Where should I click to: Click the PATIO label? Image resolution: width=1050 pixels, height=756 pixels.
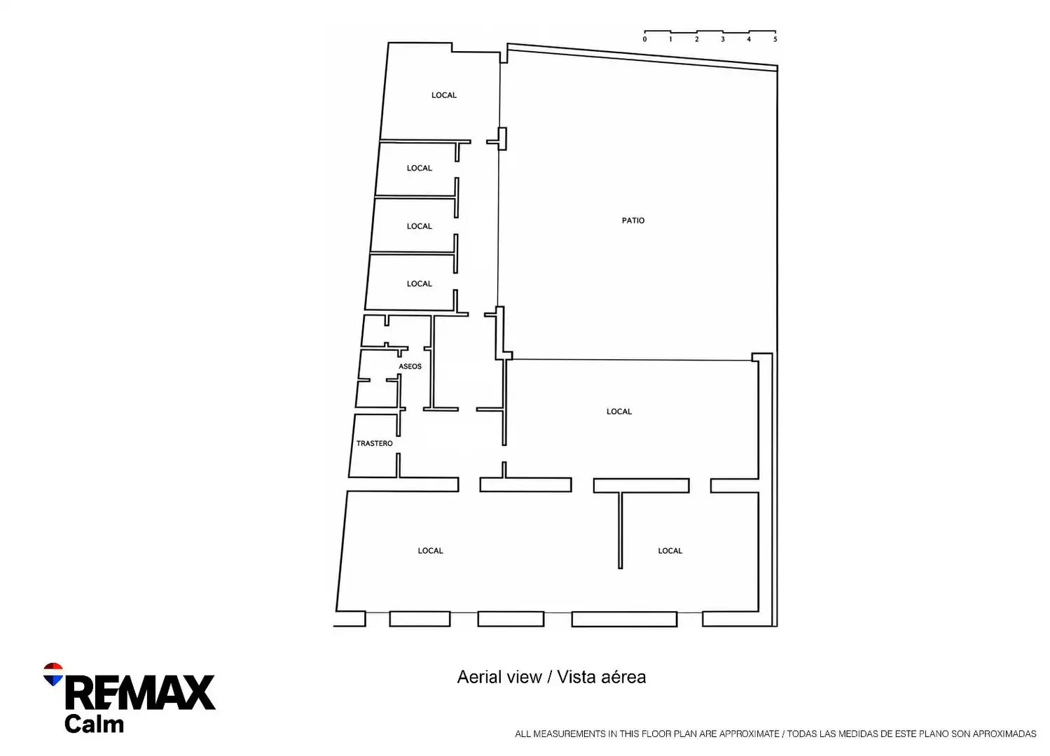click(633, 220)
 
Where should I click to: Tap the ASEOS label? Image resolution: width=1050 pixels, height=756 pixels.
click(410, 366)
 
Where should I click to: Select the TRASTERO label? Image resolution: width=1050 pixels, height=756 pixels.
click(374, 443)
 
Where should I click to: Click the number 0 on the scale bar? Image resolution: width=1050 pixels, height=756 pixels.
click(644, 39)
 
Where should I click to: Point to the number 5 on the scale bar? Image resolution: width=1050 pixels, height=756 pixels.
click(775, 39)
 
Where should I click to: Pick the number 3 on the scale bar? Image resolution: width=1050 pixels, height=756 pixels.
click(723, 39)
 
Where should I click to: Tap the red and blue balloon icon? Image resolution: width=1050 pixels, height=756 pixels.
click(53, 674)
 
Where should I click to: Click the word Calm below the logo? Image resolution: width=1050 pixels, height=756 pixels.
click(94, 724)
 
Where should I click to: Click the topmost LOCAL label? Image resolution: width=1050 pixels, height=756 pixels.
click(444, 95)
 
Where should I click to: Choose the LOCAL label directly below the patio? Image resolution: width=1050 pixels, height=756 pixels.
click(619, 412)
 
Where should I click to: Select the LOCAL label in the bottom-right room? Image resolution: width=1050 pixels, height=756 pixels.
click(670, 551)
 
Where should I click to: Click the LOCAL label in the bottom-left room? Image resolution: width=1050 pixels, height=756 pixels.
click(430, 551)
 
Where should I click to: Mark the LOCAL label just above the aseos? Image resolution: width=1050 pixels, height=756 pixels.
click(419, 284)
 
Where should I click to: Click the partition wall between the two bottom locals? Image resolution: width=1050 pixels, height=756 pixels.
click(620, 530)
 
